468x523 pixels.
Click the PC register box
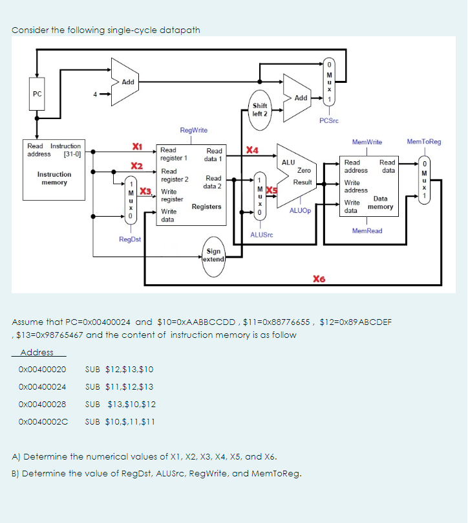click(37, 95)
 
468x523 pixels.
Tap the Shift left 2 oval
click(260, 109)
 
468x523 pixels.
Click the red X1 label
click(137, 146)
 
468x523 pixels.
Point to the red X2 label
click(137, 166)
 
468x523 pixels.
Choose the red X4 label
click(253, 151)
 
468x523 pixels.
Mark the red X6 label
click(318, 279)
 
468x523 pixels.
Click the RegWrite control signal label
click(193, 130)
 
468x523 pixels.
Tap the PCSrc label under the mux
click(329, 120)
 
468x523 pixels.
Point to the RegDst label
click(129, 239)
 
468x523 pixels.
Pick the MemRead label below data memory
click(367, 231)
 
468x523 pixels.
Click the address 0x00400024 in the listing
click(43, 386)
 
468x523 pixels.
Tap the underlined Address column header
click(37, 353)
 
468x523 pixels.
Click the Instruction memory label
click(54, 179)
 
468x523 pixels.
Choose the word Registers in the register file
click(207, 206)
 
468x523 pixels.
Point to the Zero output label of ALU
click(303, 170)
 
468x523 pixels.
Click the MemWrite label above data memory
click(367, 141)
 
